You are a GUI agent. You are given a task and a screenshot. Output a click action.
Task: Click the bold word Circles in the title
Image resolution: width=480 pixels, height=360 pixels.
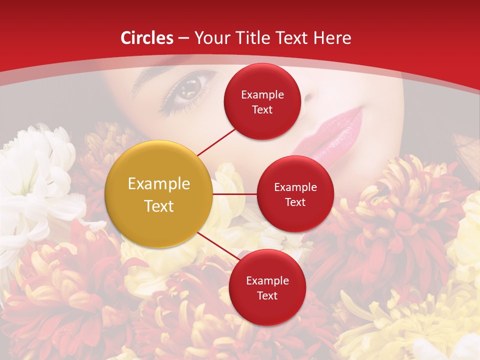click(146, 38)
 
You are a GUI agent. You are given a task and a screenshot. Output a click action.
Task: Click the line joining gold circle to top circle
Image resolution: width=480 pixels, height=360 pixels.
click(217, 141)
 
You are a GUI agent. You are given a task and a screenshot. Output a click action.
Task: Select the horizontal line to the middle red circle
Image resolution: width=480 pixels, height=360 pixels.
click(235, 193)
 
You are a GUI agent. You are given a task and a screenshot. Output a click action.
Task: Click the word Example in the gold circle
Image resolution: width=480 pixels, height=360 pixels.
click(159, 184)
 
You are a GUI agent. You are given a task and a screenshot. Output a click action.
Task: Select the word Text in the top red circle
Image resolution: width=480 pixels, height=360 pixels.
click(262, 109)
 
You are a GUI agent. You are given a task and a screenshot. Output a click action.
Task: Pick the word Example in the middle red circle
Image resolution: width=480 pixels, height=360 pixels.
click(295, 187)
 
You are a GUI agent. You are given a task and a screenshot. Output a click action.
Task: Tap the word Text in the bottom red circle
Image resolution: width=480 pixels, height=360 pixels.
click(267, 295)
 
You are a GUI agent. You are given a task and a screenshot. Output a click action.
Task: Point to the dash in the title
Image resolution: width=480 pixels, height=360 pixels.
click(183, 38)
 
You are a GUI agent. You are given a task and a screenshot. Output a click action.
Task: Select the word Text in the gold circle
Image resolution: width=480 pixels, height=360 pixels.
click(159, 206)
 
